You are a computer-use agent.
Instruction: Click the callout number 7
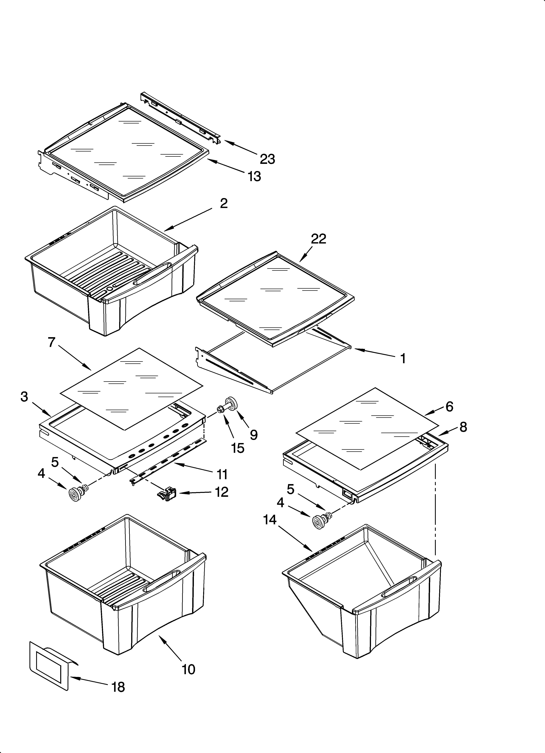(51, 342)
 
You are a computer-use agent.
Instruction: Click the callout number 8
(463, 427)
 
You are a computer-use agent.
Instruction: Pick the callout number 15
(238, 448)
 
